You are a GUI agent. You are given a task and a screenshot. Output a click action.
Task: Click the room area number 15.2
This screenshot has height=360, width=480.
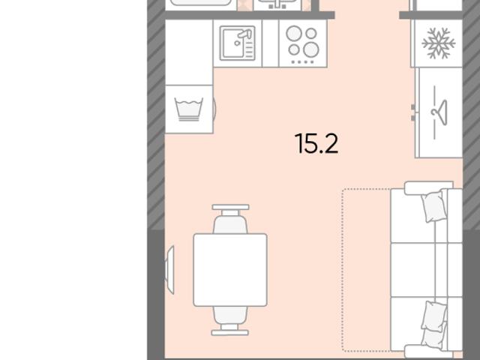pos(316,143)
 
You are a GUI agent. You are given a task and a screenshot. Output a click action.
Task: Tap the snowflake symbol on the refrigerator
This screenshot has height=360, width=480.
pos(438,43)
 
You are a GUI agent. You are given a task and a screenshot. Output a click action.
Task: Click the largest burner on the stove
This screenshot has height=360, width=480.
pos(311,49)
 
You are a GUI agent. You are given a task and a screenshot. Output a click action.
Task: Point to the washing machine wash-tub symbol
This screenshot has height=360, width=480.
pos(189,109)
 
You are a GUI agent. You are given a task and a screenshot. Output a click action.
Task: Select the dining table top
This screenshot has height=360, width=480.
pos(230,270)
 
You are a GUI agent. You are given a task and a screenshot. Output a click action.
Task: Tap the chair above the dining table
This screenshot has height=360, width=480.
pos(230,219)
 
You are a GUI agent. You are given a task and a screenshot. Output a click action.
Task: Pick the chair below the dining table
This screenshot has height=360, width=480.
pos(230,320)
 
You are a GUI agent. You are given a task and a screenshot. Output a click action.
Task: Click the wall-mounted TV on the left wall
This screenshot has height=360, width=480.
pos(170,270)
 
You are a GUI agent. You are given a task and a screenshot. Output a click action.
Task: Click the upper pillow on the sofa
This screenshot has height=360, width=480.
pos(433,205)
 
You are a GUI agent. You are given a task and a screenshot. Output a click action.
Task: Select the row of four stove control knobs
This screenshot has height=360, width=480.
pos(302,62)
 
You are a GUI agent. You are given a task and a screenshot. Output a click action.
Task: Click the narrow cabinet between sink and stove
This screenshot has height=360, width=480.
pos(271,43)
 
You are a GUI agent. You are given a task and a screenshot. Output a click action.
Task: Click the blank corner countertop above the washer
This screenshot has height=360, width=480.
pos(189,52)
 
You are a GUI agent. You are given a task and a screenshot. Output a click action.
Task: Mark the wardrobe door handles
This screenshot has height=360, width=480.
pos(413,112)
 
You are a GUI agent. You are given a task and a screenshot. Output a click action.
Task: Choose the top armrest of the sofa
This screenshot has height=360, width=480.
pos(428,187)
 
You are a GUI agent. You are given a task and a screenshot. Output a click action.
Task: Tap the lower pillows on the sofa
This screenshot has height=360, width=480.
pos(433,325)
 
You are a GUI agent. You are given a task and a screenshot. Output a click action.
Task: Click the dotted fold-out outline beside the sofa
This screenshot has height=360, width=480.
pos(342,270)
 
